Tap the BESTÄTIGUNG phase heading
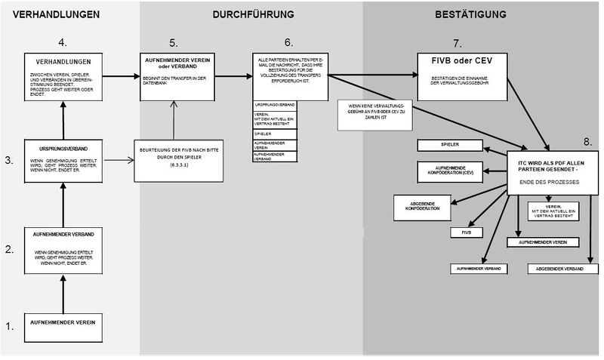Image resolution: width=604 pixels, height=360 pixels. (x=471, y=14)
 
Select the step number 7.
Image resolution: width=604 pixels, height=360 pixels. (x=456, y=43)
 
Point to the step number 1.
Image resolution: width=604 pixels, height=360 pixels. (x=10, y=327)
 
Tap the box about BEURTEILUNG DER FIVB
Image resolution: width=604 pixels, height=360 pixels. (x=179, y=159)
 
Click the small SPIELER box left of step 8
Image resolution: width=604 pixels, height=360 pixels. (x=450, y=143)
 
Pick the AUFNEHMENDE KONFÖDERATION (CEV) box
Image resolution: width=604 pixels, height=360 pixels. (x=446, y=171)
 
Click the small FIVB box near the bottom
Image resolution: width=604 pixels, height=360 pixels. (x=467, y=233)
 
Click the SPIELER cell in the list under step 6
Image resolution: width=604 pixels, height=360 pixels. (x=273, y=133)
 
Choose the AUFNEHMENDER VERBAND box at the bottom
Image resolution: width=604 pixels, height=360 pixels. (x=478, y=268)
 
